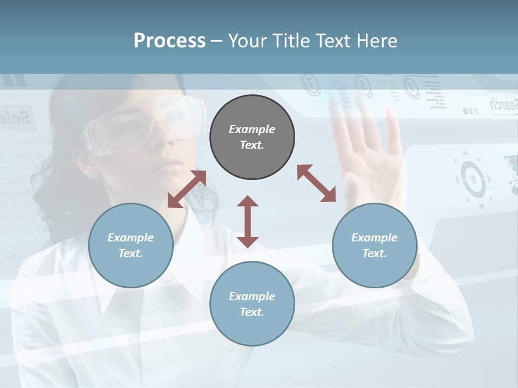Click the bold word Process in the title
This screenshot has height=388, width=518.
coord(169,41)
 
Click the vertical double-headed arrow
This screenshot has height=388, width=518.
coord(248,221)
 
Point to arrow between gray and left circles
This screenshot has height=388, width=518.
coord(187,189)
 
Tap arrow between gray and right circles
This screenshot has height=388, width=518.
coord(316,183)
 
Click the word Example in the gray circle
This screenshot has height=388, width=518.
coord(252,129)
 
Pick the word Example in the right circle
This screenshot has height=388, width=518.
coord(374,238)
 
